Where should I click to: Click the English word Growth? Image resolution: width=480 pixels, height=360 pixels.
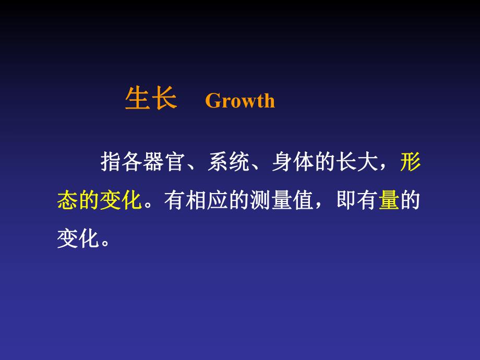tap(240, 101)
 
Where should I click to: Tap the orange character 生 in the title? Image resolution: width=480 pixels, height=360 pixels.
tap(137, 98)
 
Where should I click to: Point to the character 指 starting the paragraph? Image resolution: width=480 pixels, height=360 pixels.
tap(111, 164)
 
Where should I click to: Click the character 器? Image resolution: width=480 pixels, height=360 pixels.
tap(153, 164)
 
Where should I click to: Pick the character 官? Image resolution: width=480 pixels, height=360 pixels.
tap(175, 164)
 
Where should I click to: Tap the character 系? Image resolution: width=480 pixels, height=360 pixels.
tap(218, 164)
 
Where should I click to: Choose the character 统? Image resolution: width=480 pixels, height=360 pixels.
tap(239, 164)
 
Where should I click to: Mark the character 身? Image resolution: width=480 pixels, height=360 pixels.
tap(282, 164)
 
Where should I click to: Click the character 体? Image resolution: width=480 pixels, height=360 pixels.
tap(303, 164)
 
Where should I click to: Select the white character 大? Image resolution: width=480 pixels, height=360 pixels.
tap(367, 164)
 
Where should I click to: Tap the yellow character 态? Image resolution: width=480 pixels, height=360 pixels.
tap(68, 200)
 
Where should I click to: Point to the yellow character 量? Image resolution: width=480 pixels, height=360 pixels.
tap(389, 200)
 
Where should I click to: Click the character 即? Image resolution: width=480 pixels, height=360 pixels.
tap(346, 200)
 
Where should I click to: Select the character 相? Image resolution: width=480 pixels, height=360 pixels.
tap(196, 200)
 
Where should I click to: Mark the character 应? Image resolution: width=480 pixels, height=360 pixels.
tap(218, 200)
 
